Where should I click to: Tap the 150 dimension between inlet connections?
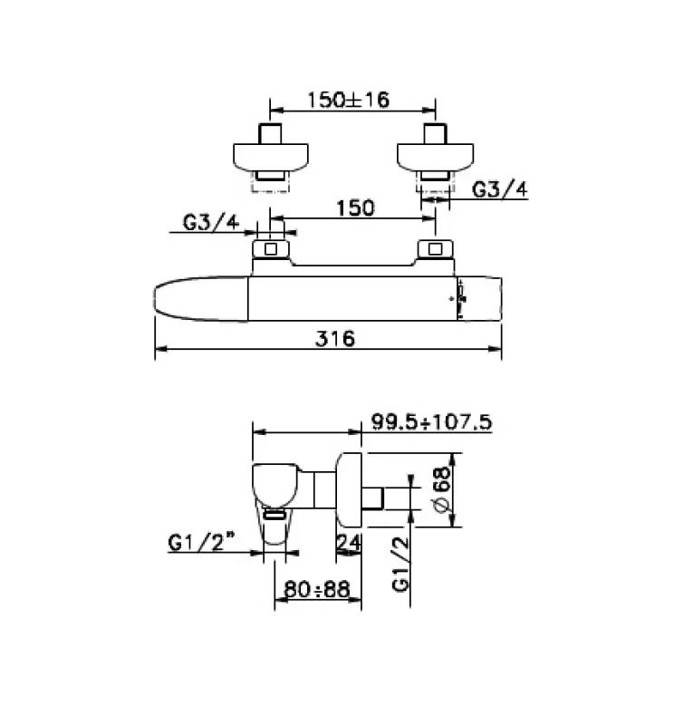[x=355, y=208]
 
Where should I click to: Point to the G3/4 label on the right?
[x=501, y=188]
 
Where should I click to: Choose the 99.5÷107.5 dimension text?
[x=430, y=421]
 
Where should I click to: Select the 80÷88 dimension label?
[x=317, y=590]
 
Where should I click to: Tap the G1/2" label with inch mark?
[x=201, y=543]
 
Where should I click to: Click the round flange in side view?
[x=351, y=488]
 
